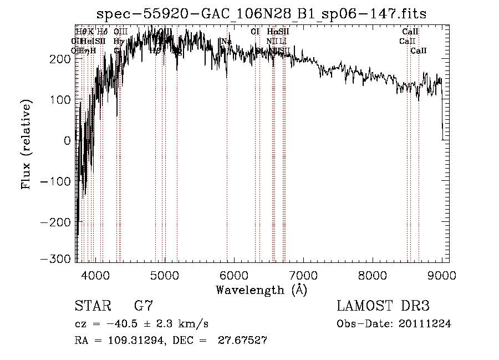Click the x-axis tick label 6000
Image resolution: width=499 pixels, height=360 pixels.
point(234,276)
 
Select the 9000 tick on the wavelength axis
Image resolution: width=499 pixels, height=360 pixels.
point(442,276)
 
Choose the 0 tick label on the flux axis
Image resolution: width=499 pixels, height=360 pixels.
point(68,140)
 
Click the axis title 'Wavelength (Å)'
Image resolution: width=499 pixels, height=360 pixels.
point(261,290)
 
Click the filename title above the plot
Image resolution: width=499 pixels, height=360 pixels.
point(261,14)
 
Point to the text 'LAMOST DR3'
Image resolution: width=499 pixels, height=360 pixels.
point(383,306)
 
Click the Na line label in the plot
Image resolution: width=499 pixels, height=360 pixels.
point(226,42)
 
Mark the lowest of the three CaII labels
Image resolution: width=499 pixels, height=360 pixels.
point(419,51)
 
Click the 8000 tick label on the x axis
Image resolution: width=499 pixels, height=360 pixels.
point(373,276)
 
